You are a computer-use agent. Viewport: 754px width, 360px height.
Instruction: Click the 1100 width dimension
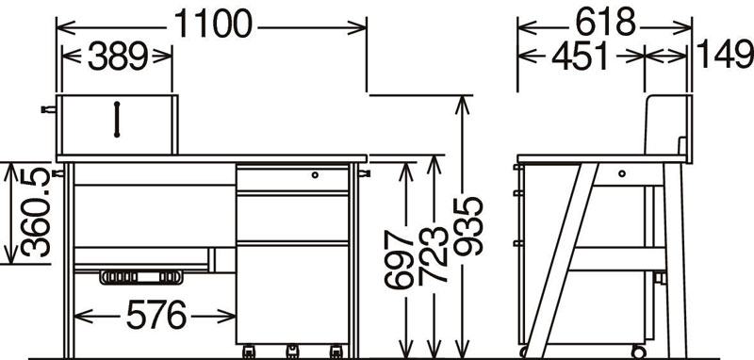pyautogui.click(x=213, y=25)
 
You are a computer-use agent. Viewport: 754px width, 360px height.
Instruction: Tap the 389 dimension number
pyautogui.click(x=117, y=57)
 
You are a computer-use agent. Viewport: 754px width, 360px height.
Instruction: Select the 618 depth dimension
pyautogui.click(x=605, y=23)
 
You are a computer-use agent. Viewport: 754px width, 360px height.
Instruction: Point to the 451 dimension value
pyautogui.click(x=580, y=57)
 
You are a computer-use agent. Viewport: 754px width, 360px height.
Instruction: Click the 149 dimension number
pyautogui.click(x=724, y=54)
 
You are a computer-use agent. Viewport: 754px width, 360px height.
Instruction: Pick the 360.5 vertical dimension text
pyautogui.click(x=36, y=212)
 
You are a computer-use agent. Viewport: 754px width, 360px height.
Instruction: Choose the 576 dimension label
pyautogui.click(x=156, y=316)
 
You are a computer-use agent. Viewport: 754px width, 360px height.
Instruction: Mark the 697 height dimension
pyautogui.click(x=399, y=259)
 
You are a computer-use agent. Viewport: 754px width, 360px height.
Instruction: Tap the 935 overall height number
pyautogui.click(x=467, y=226)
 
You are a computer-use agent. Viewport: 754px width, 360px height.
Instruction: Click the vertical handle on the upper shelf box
pyautogui.click(x=116, y=120)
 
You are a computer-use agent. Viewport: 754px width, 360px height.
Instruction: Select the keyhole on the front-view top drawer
pyautogui.click(x=315, y=175)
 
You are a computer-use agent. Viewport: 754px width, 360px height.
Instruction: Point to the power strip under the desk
pyautogui.click(x=141, y=277)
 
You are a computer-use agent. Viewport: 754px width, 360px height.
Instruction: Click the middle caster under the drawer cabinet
pyautogui.click(x=292, y=352)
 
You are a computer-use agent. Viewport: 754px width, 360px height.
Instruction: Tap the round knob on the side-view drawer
pyautogui.click(x=622, y=173)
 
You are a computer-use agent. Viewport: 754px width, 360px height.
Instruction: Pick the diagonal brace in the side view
pyautogui.click(x=561, y=260)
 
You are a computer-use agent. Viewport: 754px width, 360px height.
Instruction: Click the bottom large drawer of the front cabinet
pyautogui.click(x=292, y=294)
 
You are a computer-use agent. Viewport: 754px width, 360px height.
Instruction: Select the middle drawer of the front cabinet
pyautogui.click(x=292, y=218)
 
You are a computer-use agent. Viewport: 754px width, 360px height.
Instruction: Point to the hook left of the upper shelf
pyautogui.click(x=49, y=109)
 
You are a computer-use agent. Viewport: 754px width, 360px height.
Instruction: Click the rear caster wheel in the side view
pyautogui.click(x=639, y=352)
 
